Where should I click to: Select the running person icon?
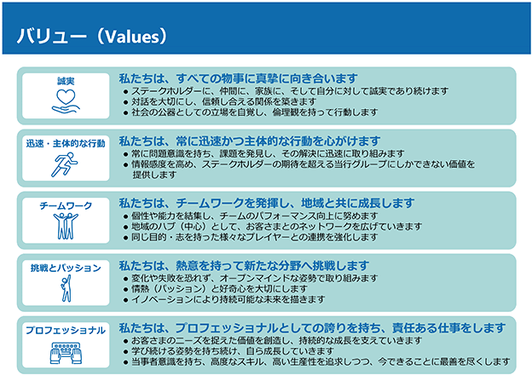tap(65, 165)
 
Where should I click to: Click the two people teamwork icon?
tap(66, 226)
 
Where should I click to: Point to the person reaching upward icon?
tap(66, 288)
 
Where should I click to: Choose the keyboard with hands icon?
tap(66, 353)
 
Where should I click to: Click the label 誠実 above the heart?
tap(66, 81)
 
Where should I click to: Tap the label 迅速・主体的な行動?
tap(66, 143)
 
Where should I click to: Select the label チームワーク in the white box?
tap(66, 205)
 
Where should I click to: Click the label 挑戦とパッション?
tap(66, 268)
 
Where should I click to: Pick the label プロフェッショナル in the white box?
tap(66, 330)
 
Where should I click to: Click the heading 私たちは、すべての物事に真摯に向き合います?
tap(238, 78)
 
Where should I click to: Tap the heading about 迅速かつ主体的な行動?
tap(250, 141)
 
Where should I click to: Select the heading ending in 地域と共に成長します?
tap(267, 203)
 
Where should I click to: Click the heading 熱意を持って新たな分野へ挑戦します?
tap(244, 266)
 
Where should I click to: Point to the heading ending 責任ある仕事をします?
tap(312, 328)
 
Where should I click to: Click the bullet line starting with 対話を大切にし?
tap(220, 101)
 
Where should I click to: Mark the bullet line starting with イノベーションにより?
tap(224, 299)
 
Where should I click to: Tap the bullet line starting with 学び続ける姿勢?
tap(228, 351)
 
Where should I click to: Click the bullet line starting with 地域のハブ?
tap(273, 226)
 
